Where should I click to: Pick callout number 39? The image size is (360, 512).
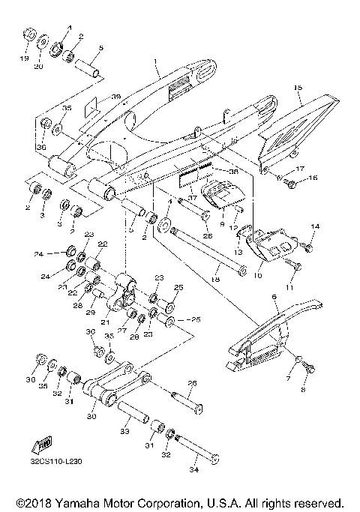115,97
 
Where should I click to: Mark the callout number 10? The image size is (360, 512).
259,275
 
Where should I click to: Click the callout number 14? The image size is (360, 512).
315,226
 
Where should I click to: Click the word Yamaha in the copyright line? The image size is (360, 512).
79,502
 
